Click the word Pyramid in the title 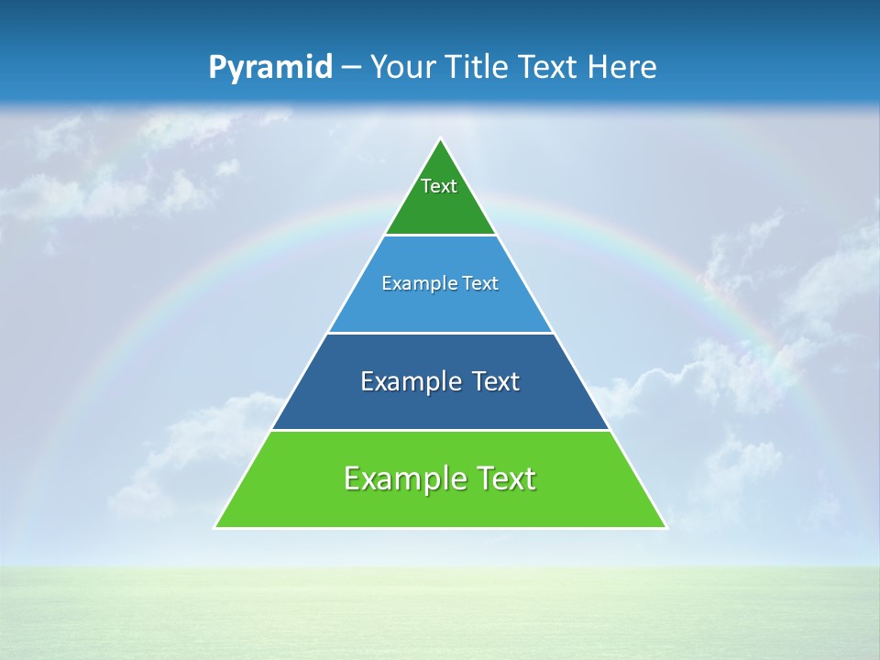pyautogui.click(x=269, y=68)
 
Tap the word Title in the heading pyautogui.click(x=481, y=67)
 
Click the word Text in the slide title pyautogui.click(x=550, y=67)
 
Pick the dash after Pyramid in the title pyautogui.click(x=350, y=68)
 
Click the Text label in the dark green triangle pyautogui.click(x=439, y=186)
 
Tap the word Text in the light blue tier pyautogui.click(x=481, y=284)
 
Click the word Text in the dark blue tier pyautogui.click(x=496, y=381)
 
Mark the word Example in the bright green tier pyautogui.click(x=405, y=478)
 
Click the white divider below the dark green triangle pyautogui.click(x=440, y=236)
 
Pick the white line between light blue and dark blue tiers pyautogui.click(x=440, y=333)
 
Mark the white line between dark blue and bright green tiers pyautogui.click(x=440, y=430)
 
